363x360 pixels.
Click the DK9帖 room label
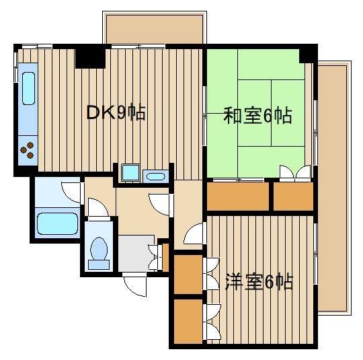click(116, 112)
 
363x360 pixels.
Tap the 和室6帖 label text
click(257, 115)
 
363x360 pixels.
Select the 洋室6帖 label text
click(259, 282)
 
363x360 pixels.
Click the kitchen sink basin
click(29, 88)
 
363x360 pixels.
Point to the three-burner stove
click(28, 150)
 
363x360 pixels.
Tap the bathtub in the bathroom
click(57, 223)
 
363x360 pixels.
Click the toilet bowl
click(99, 248)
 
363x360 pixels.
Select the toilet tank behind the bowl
click(99, 264)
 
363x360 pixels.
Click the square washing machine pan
click(130, 172)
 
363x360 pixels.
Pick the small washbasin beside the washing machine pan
click(155, 177)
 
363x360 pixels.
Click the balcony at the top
click(155, 29)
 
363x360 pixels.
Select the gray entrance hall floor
click(136, 254)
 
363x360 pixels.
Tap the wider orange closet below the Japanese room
click(238, 196)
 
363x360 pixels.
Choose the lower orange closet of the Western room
click(188, 322)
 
